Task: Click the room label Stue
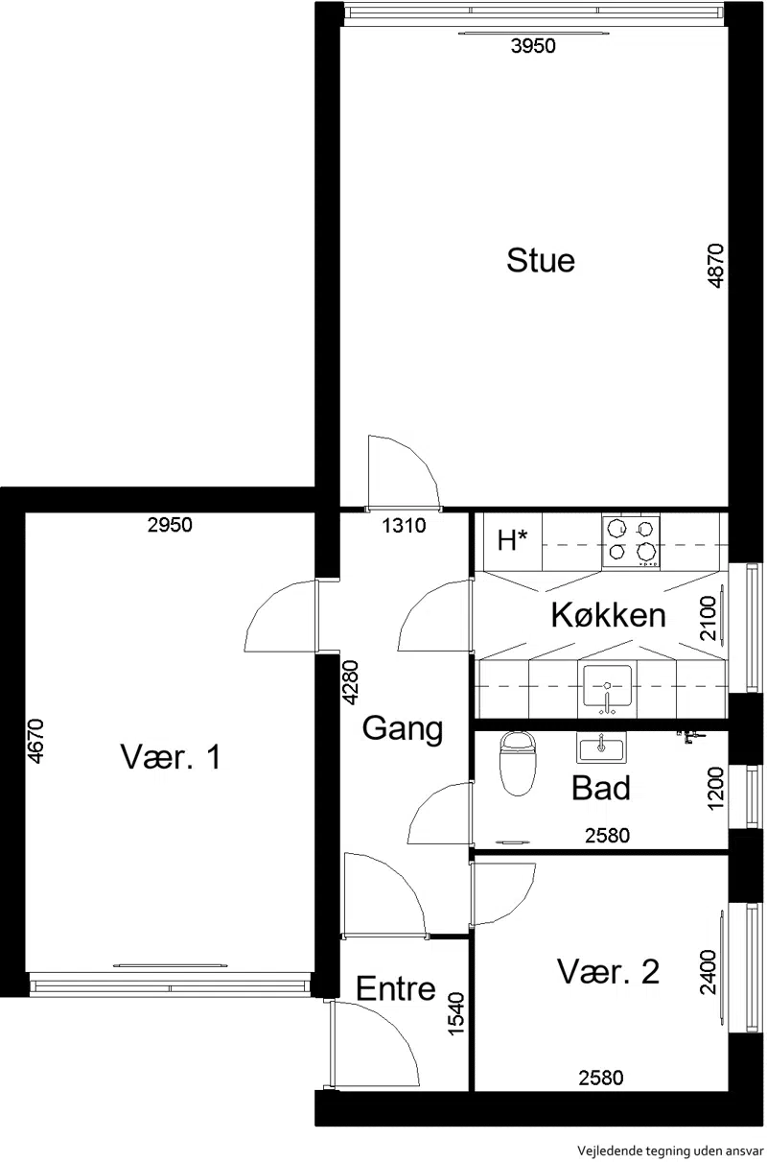[541, 260]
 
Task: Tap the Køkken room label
[608, 615]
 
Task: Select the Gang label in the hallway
[402, 729]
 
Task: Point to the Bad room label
[600, 788]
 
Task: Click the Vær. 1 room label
[171, 756]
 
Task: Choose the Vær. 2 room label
[608, 971]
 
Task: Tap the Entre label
[396, 988]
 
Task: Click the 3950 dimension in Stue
[533, 46]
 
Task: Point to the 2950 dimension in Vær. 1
[170, 525]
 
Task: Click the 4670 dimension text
[36, 742]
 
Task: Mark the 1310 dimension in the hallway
[405, 526]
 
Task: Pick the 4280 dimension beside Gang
[351, 682]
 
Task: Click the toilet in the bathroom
[516, 764]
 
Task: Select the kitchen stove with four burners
[631, 540]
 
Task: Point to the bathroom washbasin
[601, 747]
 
